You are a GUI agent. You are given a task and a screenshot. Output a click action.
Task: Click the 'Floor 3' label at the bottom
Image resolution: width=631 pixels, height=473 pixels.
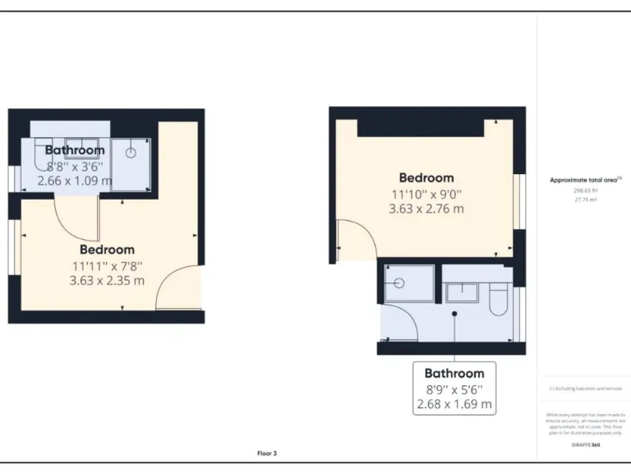point(267,452)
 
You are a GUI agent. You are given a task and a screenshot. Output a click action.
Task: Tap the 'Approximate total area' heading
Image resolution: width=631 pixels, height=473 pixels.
point(584,179)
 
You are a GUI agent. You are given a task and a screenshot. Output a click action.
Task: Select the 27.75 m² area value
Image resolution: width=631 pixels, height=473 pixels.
point(584,198)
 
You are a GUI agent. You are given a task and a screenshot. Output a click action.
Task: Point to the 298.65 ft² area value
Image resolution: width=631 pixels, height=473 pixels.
point(584,190)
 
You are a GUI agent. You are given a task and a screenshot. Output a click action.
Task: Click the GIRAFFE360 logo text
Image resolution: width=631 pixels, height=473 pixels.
point(584,444)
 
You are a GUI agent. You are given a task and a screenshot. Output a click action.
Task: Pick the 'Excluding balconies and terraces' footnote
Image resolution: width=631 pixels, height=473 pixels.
point(584,388)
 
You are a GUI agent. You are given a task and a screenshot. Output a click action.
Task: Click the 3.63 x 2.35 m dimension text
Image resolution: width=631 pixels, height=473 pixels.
point(107,280)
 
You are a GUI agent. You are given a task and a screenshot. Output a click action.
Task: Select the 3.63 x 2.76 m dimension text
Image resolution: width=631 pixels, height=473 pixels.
point(426,209)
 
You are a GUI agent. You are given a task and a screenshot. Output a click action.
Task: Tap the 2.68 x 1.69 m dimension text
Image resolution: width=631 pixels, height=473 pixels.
point(454,404)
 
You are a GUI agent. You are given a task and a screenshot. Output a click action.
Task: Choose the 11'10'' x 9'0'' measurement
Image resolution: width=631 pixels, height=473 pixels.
point(426,194)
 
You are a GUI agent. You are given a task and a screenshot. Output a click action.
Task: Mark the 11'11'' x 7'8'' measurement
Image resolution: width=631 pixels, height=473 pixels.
point(107,265)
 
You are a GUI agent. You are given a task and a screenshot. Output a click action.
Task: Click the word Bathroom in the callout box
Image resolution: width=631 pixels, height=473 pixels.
point(454,373)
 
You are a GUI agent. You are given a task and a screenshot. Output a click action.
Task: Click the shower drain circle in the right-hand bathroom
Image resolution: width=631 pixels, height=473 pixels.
point(399,282)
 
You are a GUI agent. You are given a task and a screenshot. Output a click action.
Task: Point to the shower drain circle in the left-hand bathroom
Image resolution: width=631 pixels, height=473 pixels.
point(130,152)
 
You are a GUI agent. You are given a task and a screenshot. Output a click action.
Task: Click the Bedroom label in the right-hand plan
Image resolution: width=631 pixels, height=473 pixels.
point(426,177)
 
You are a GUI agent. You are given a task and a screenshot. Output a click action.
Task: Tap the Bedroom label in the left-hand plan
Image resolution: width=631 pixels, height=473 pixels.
point(107,249)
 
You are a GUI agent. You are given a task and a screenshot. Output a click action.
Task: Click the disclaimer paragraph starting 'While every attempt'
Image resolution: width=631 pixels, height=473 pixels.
point(584,424)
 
